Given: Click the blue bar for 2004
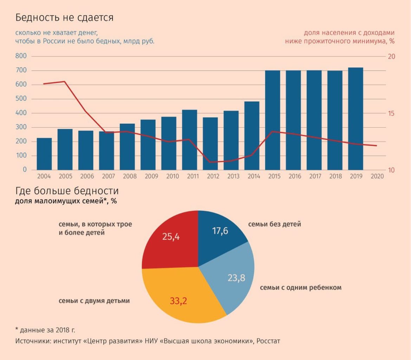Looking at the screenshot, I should (x=44, y=154).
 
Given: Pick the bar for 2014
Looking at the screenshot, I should (x=252, y=136).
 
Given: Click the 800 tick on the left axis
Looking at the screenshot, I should (x=21, y=56).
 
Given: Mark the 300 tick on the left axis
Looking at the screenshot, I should (x=21, y=127).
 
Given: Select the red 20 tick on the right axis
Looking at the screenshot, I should (x=391, y=57).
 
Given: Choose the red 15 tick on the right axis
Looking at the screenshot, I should (x=391, y=114).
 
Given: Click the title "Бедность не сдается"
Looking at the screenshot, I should (x=64, y=18).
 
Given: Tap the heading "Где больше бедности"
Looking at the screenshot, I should (x=67, y=191).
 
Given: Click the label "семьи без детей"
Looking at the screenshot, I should (x=274, y=224).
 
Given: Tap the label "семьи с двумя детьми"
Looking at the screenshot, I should (x=94, y=301).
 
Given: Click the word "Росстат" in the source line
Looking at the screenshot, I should (x=268, y=341).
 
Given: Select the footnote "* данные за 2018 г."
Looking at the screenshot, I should (x=45, y=330).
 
